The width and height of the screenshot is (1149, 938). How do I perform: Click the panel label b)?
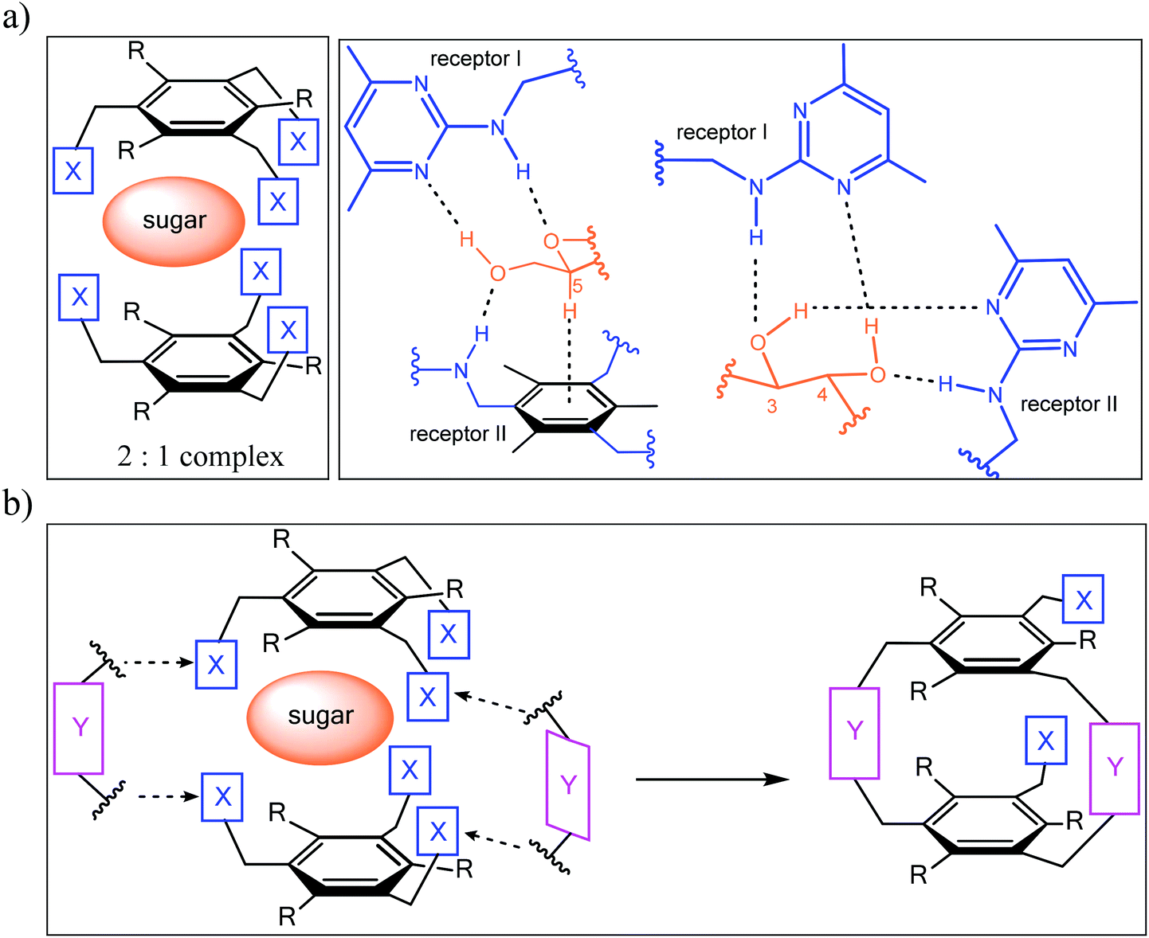click(18, 503)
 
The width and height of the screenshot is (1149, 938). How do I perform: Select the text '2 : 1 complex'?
click(200, 456)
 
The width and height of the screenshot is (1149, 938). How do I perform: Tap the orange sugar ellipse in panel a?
click(174, 221)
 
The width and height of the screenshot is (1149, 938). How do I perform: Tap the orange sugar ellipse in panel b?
click(320, 716)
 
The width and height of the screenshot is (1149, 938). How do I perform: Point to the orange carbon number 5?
click(578, 287)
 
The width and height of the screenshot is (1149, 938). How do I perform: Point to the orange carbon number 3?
click(771, 406)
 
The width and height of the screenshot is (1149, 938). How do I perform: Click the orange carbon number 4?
click(822, 394)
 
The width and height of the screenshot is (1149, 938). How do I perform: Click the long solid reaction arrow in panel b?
click(712, 779)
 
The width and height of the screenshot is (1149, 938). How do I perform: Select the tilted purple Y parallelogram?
click(568, 785)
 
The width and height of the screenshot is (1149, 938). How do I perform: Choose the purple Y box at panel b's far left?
click(79, 727)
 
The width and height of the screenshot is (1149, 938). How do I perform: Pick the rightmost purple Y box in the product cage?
click(1114, 767)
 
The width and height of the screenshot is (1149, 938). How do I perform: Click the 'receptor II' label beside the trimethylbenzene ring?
click(457, 434)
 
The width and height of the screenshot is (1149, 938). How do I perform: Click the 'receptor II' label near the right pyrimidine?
click(1069, 405)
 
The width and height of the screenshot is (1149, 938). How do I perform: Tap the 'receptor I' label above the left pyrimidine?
click(475, 59)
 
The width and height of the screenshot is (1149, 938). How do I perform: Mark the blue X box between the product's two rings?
click(1045, 741)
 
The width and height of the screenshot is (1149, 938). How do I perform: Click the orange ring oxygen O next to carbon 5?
click(551, 241)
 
